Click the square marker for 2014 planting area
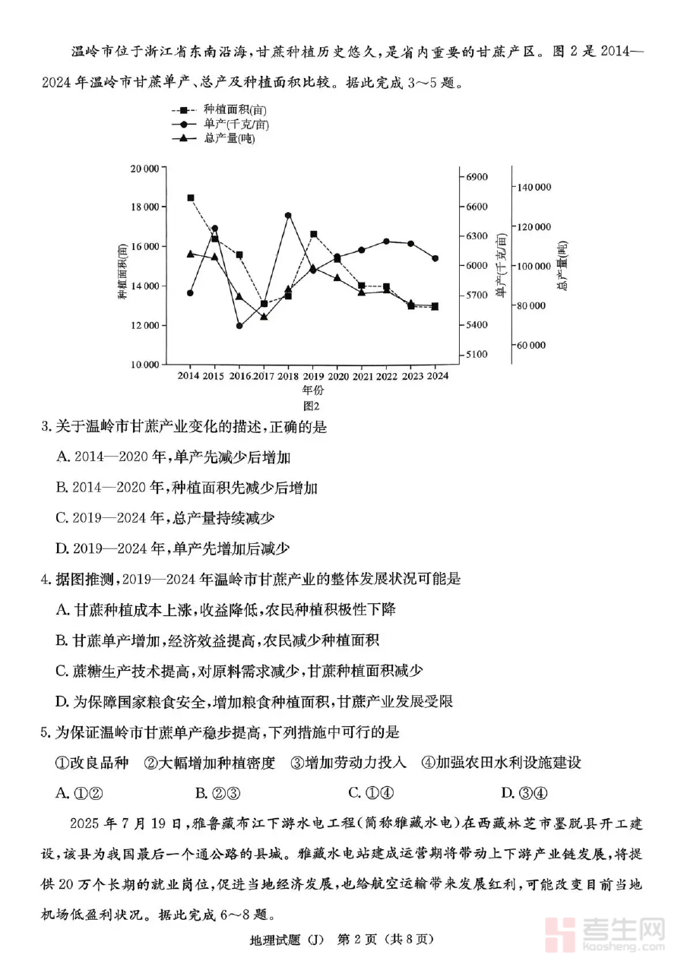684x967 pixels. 190,198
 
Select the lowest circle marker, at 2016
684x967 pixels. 239,326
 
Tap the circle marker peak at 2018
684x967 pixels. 288,216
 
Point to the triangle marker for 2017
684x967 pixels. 264,316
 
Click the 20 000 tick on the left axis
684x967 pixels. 144,168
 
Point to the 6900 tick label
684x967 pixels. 477,177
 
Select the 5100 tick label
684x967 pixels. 477,354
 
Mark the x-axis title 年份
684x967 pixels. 312,390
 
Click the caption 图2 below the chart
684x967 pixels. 311,406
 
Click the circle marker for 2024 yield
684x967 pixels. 435,258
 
